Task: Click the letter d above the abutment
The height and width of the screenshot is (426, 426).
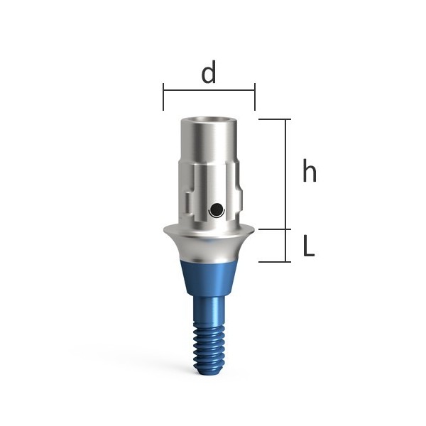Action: [x=209, y=72]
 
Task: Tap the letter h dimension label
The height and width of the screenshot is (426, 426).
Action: [x=310, y=170]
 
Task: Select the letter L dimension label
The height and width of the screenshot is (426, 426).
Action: [x=309, y=246]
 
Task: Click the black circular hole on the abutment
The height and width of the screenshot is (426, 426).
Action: [x=217, y=209]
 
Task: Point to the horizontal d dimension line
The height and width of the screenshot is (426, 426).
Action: [x=209, y=90]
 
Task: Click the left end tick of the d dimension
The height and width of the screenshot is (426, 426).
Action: [x=163, y=97]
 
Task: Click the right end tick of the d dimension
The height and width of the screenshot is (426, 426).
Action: [x=255, y=97]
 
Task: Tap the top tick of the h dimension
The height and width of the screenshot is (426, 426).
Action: [x=274, y=119]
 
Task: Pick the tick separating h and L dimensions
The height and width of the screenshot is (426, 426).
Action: [x=274, y=229]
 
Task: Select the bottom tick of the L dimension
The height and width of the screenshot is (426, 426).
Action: [x=274, y=262]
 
